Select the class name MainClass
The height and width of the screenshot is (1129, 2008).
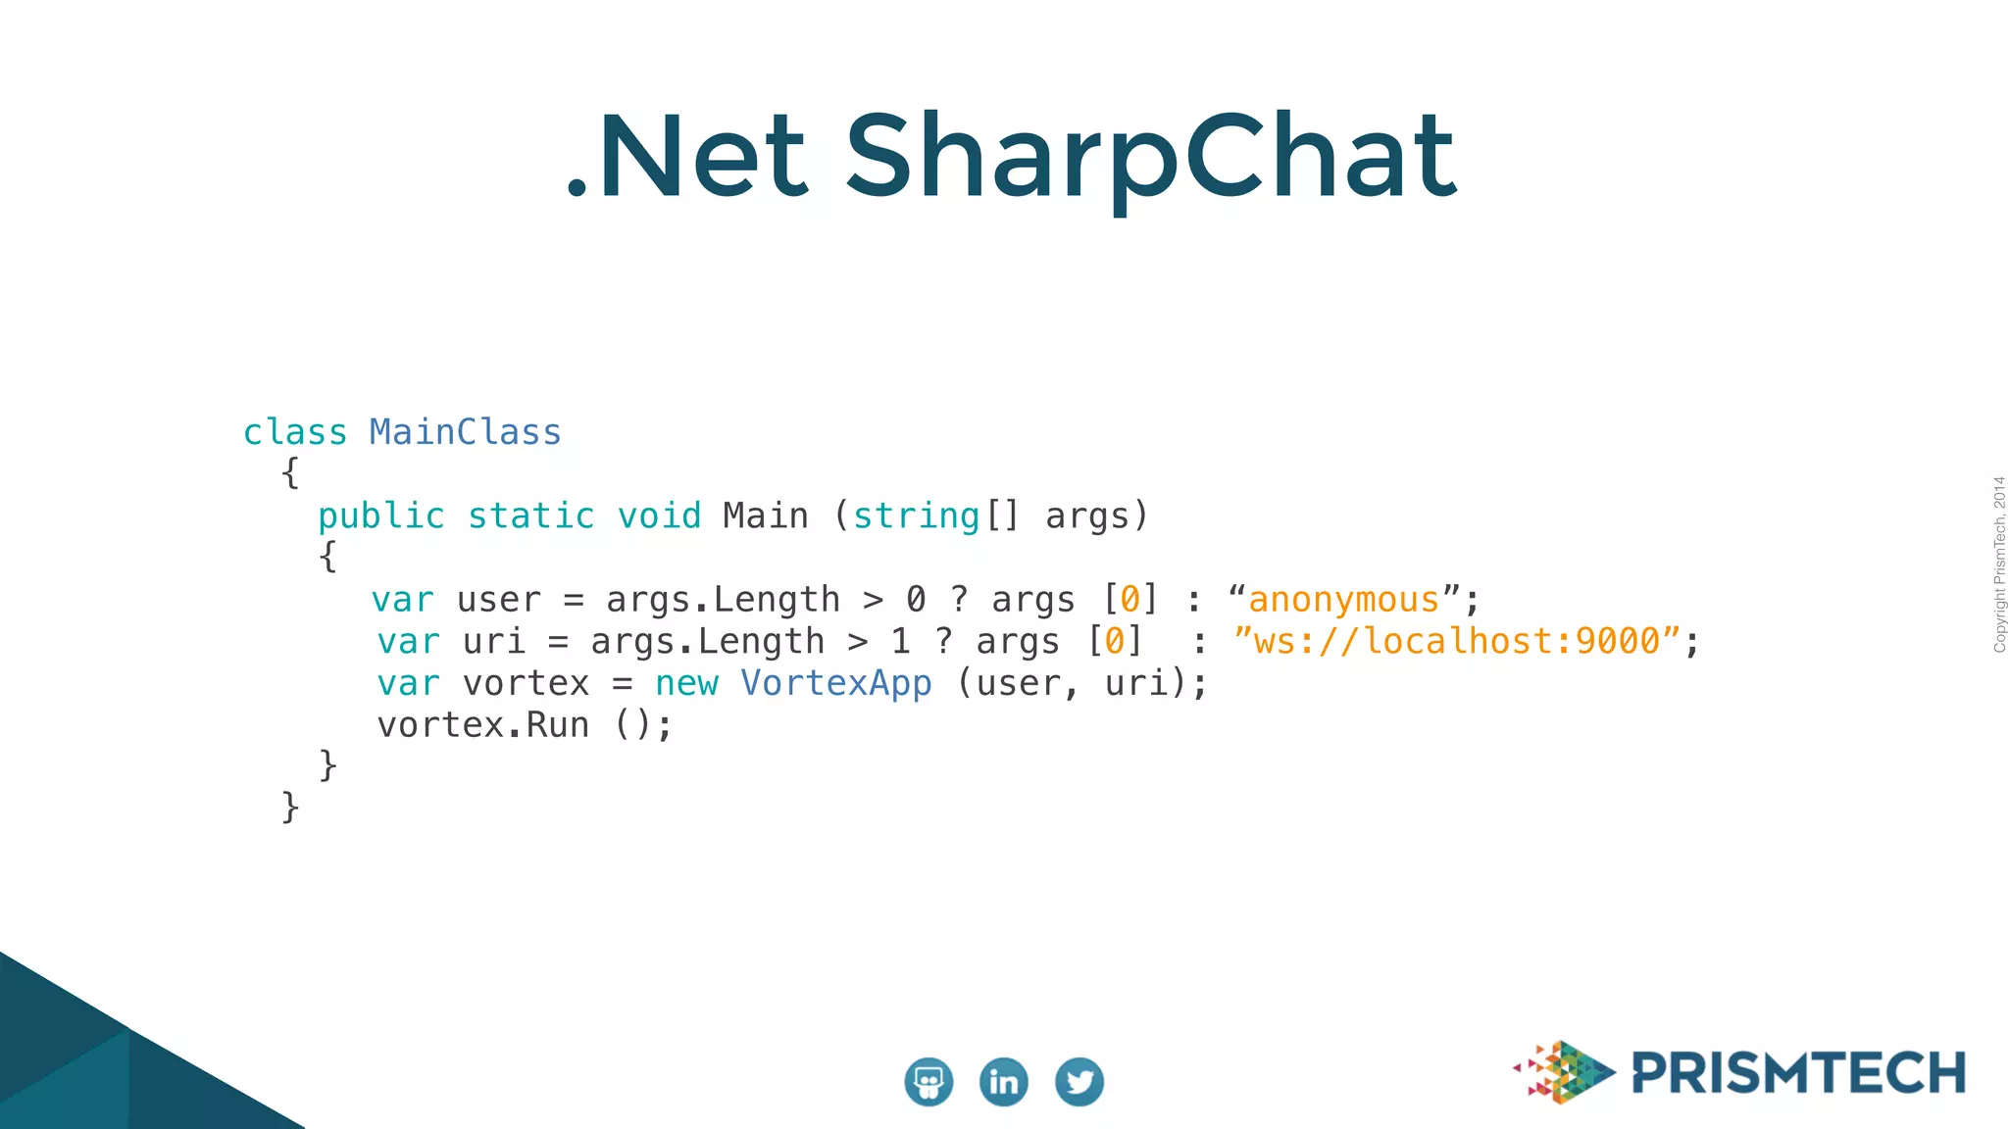465,432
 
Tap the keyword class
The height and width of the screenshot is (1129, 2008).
295,432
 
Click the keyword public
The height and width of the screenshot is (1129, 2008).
381,516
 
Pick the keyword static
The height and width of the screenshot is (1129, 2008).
530,516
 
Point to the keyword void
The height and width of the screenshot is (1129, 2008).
659,516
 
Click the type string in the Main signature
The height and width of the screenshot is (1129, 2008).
916,516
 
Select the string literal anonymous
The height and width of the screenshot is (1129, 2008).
1343,600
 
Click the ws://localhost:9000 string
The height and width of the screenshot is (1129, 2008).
1457,642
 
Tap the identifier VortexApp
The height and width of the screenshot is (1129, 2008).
835,683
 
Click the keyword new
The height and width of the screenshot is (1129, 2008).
686,683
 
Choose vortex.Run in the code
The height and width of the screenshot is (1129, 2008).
483,725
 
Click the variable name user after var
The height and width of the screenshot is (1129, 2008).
498,600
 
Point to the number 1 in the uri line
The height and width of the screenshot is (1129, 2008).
900,642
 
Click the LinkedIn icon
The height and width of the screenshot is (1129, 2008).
1003,1082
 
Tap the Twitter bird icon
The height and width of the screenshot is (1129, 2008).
1079,1082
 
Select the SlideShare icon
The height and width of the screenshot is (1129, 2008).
928,1082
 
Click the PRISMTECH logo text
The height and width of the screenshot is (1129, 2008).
1798,1073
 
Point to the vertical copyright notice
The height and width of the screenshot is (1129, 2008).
1998,564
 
